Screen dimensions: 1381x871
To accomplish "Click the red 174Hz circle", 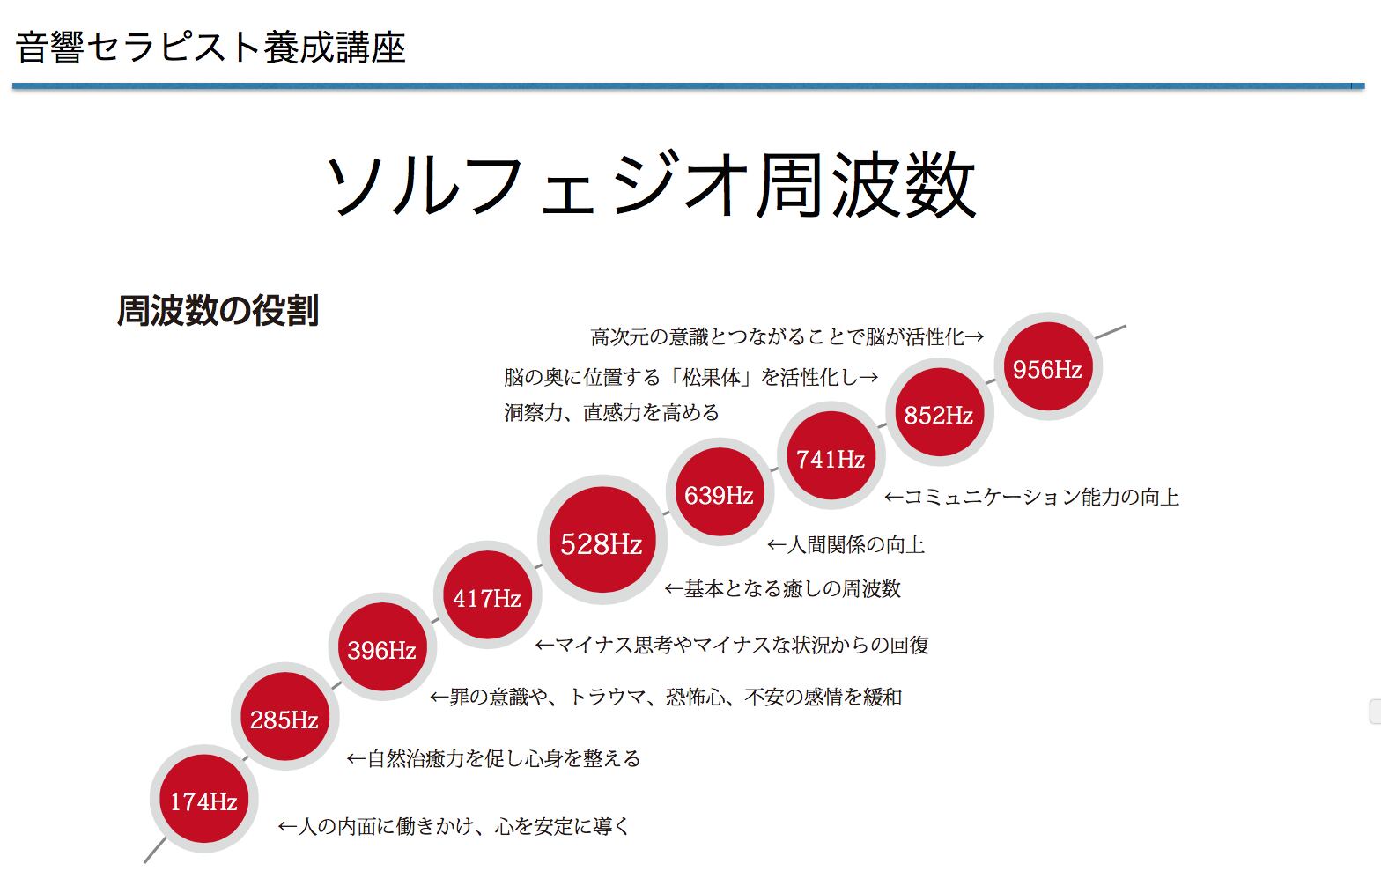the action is (203, 801).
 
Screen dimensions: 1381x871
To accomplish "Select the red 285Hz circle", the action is (284, 720).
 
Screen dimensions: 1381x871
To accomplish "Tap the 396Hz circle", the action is (381, 650).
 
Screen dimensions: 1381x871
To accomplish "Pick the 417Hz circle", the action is (487, 598).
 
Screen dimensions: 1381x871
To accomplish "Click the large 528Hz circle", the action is (602, 543).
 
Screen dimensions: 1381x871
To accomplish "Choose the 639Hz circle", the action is (719, 495).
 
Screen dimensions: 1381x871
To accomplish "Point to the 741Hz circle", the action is (831, 458).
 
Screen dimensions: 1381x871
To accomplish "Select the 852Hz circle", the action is (939, 414).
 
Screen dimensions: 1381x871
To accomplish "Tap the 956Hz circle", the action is (1047, 369).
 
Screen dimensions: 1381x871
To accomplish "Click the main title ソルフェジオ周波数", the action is (651, 185).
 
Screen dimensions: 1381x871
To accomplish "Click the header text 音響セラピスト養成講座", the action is (210, 48).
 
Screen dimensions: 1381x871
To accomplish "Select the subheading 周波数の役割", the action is (218, 311).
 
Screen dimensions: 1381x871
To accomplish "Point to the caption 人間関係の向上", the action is (855, 545).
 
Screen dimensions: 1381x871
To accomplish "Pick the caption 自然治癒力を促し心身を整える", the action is (503, 758).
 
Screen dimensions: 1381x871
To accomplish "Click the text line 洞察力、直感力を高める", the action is (612, 412).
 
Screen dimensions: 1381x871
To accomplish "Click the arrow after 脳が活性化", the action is (974, 337).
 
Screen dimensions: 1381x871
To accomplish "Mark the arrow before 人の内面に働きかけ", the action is (288, 827).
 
